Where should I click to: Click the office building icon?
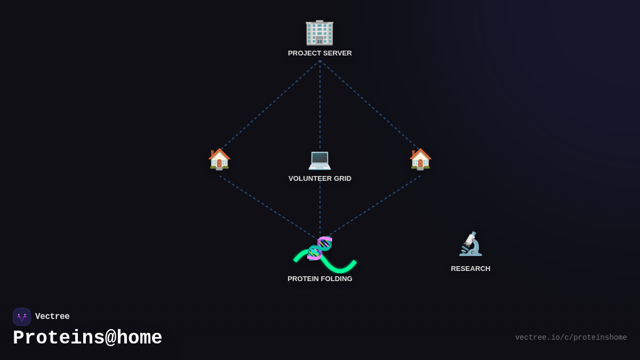[319, 32]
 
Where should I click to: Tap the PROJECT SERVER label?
[320, 53]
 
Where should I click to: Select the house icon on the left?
[219, 159]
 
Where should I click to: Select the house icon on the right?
[420, 159]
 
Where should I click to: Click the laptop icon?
[320, 159]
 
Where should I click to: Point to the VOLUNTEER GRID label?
[320, 179]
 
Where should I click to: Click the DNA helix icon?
[320, 248]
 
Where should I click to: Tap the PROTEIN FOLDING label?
[320, 279]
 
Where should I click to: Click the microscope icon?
[470, 244]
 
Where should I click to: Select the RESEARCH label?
[470, 269]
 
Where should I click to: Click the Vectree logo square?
[22, 317]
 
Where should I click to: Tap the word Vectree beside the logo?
[52, 317]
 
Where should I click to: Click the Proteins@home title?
[87, 338]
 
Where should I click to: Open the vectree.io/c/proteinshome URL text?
[571, 338]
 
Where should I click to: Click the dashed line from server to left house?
[269, 105]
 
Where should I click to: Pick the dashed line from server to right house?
[371, 105]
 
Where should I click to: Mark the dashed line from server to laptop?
[320, 104]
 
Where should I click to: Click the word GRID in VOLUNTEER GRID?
[342, 179]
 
